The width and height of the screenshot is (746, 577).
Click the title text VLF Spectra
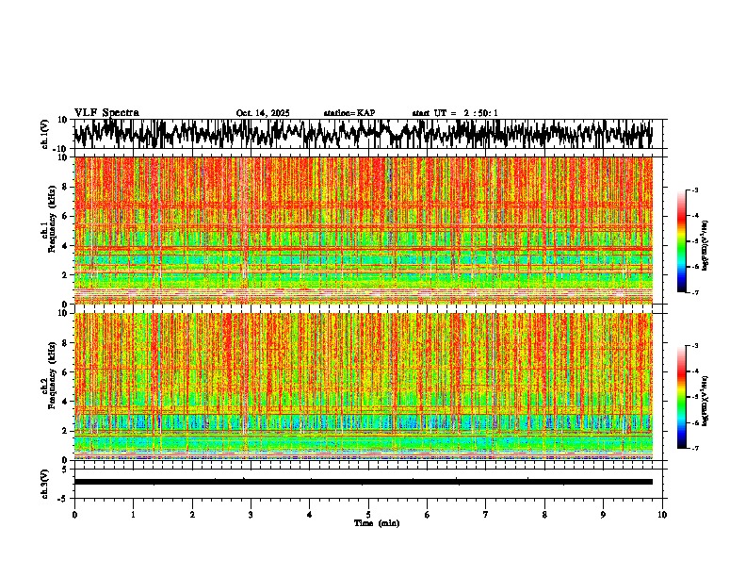106,112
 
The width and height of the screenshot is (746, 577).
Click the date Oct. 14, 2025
263,113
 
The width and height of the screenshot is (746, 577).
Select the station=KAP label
349,113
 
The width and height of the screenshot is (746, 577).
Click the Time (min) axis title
377,522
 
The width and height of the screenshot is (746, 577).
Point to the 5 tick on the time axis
368,514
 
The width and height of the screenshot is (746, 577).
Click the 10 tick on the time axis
662,514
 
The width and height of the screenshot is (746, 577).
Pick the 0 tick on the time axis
74,514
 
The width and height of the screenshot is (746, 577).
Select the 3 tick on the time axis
251,514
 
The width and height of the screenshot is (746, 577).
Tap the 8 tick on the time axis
544,514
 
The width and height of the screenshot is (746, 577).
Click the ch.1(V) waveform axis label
45,134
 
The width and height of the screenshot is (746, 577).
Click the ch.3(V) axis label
45,482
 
